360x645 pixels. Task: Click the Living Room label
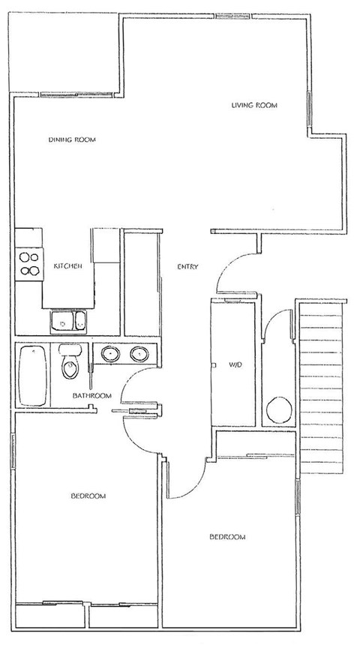(x=254, y=106)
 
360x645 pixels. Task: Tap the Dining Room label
(x=72, y=139)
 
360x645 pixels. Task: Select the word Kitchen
(x=67, y=266)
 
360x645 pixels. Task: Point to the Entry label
(x=187, y=266)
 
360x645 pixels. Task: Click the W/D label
(x=233, y=365)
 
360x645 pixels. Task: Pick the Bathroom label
(x=91, y=395)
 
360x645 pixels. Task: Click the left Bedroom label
(x=88, y=496)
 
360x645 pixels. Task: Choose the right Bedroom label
(x=227, y=537)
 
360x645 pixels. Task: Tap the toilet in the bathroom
(x=69, y=365)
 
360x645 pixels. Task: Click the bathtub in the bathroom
(x=33, y=375)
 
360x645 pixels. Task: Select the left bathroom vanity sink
(x=109, y=353)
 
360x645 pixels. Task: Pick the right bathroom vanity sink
(x=139, y=353)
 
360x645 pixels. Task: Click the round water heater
(x=279, y=411)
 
